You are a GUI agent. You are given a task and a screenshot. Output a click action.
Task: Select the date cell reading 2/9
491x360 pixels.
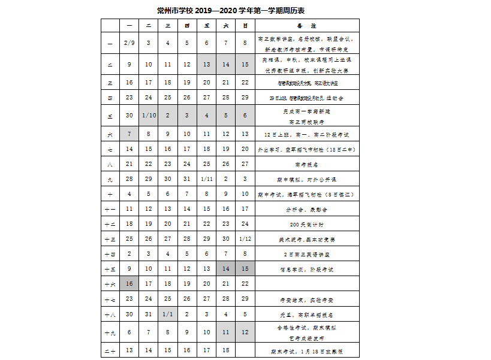[x=129, y=43]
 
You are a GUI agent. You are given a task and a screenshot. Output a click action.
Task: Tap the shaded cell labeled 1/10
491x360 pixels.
[x=148, y=115]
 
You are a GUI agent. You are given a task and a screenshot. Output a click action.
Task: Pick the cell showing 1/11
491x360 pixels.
[x=207, y=179]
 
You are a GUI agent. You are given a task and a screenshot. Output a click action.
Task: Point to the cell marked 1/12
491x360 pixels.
[x=245, y=239]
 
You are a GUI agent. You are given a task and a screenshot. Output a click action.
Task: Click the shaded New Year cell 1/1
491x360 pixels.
[x=168, y=313]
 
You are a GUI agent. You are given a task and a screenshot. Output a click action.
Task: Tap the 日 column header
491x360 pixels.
[x=245, y=26]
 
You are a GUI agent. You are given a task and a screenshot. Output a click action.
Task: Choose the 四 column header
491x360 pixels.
[x=187, y=26]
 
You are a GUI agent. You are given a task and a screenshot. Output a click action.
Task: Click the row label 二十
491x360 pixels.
[x=110, y=350]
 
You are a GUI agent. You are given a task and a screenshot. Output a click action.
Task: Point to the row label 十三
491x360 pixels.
[x=110, y=239]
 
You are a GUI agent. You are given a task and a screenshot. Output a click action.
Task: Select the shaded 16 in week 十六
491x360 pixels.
[x=129, y=283]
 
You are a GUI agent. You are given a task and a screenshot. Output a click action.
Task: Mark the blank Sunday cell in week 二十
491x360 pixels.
[x=245, y=350]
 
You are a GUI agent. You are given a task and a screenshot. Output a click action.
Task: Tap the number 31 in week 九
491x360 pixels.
[x=187, y=179]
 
